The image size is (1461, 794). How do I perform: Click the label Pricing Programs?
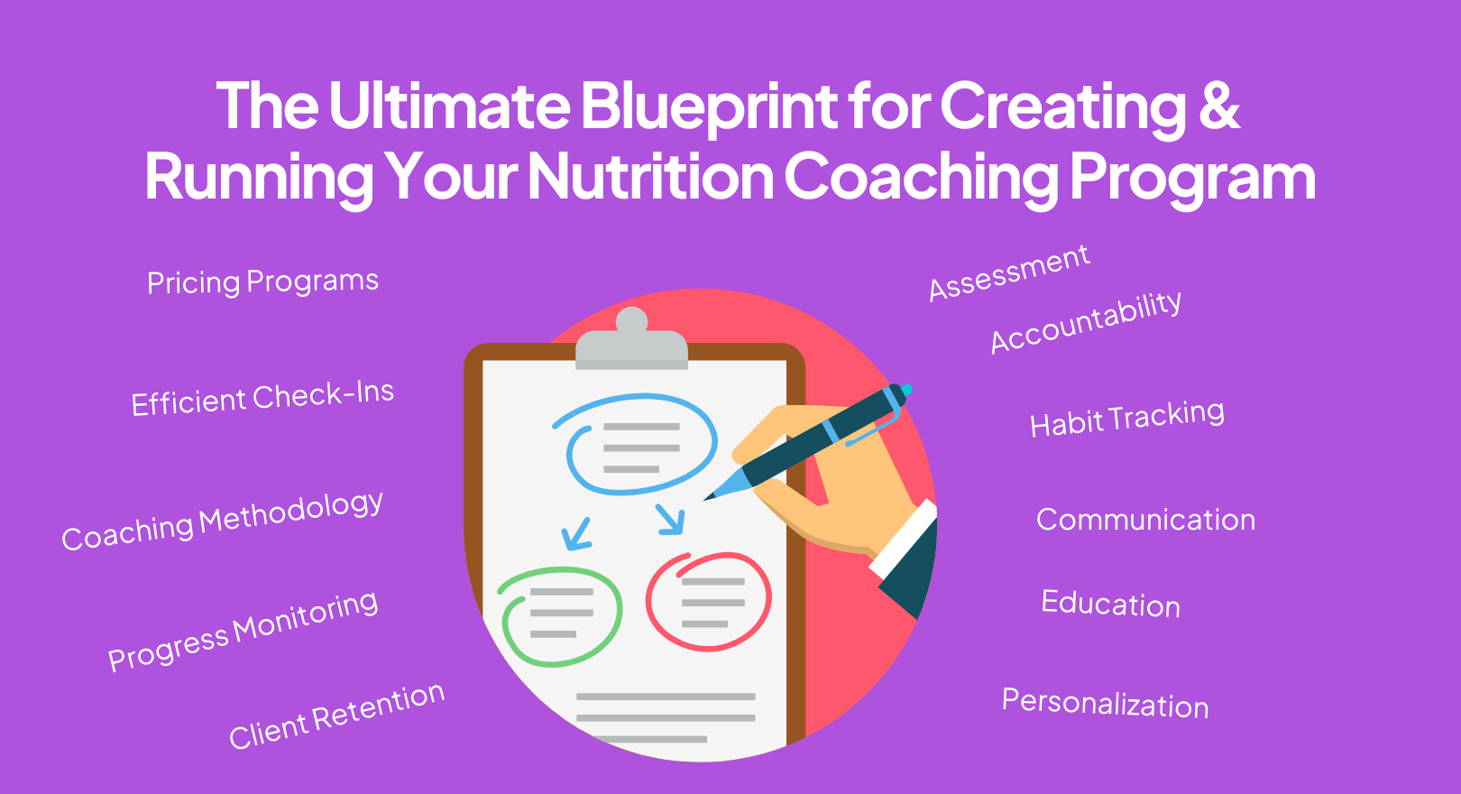click(x=262, y=282)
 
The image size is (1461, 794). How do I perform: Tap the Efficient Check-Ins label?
click(x=262, y=398)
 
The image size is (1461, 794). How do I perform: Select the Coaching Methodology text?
click(x=222, y=521)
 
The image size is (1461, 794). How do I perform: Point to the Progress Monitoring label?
click(x=243, y=630)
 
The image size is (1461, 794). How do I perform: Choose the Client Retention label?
click(x=336, y=716)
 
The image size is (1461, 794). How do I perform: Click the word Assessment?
click(x=1009, y=272)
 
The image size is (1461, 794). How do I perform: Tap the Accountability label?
click(x=1086, y=322)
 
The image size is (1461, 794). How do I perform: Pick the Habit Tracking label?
click(x=1127, y=418)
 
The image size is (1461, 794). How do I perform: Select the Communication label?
click(x=1145, y=520)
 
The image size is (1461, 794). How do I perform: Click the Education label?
click(x=1110, y=604)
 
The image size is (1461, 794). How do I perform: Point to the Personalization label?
click(x=1105, y=703)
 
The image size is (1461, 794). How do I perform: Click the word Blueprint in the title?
click(x=709, y=106)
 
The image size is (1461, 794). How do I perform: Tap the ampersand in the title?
click(x=1219, y=106)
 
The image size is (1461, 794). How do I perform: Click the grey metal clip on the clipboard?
click(x=631, y=343)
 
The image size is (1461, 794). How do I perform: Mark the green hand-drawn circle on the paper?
click(x=560, y=616)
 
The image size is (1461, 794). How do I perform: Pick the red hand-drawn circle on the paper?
click(x=709, y=601)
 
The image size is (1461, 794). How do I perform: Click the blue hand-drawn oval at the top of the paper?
click(x=635, y=444)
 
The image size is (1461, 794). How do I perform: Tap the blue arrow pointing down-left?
click(x=575, y=534)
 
